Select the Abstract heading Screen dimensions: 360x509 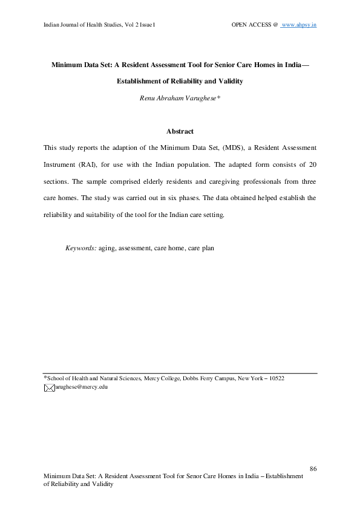180,131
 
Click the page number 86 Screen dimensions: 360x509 313,468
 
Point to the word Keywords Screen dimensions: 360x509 80,248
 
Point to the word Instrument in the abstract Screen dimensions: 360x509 60,164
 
